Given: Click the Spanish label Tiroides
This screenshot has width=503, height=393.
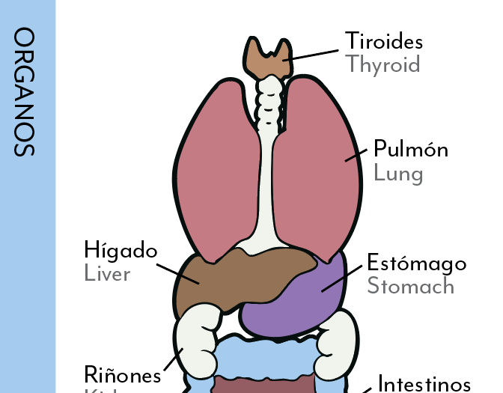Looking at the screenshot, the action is pos(383,40).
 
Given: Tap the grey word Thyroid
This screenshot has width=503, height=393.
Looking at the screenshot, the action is pos(382,64).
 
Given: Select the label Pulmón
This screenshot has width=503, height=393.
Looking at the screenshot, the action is pos(411,149).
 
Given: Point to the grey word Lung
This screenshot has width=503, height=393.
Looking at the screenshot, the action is pos(398,174).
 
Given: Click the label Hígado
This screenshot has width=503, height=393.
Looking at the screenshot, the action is pos(121,250).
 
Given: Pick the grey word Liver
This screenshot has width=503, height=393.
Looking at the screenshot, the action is pos(108,274).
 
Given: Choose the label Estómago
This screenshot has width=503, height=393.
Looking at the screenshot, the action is pos(416,263).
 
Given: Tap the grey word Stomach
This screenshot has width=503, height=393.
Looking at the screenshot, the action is pos(410,287).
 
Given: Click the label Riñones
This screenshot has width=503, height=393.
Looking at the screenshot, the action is pos(122,374).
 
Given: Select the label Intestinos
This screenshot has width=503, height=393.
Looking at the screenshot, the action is pos(424,384).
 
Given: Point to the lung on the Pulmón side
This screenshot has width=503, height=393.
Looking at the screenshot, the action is pos(322,172).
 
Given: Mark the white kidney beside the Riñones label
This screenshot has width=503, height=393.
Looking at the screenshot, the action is pos(196,344).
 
